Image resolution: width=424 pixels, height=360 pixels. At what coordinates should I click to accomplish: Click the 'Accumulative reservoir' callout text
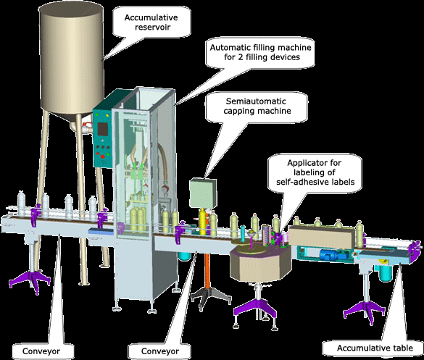[x=151, y=22]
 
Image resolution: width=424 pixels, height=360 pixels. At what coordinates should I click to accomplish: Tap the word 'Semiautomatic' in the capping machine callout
[x=256, y=101]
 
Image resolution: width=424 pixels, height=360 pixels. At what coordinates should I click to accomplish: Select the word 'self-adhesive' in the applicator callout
[x=299, y=182]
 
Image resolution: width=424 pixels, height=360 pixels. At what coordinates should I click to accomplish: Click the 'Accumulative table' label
[x=375, y=348]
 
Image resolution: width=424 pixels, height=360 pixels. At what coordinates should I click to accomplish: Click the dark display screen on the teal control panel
[x=103, y=129]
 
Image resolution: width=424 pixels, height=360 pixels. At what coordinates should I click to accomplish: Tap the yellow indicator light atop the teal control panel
[x=107, y=115]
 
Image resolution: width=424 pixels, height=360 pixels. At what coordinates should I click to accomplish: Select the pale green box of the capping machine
[x=203, y=193]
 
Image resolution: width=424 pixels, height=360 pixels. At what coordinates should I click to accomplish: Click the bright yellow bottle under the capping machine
[x=203, y=222]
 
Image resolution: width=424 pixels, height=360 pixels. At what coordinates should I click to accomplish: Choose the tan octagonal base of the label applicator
[x=261, y=263]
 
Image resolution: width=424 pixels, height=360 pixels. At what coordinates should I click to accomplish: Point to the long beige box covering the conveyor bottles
[x=322, y=238]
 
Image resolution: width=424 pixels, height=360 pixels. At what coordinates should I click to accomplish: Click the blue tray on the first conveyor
[x=101, y=230]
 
